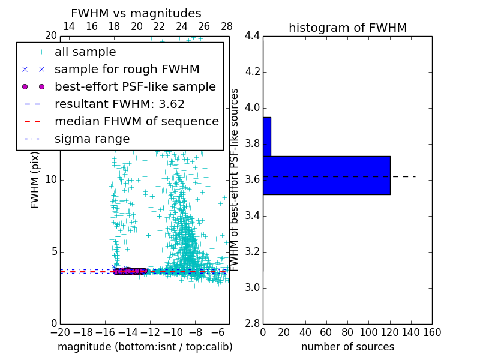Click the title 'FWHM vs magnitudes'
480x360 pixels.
pyautogui.click(x=136, y=13)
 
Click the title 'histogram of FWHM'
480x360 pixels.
pyautogui.click(x=347, y=28)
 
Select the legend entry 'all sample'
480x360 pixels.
pyautogui.click(x=85, y=52)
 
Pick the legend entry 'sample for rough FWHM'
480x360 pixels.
pyautogui.click(x=127, y=69)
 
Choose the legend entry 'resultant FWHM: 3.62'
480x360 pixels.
pyautogui.click(x=119, y=104)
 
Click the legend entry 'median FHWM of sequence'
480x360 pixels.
pyautogui.click(x=136, y=121)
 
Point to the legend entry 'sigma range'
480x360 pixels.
pyautogui.click(x=92, y=139)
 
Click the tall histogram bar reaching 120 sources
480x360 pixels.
pyautogui.click(x=326, y=175)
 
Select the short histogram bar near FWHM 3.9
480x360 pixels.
pyautogui.click(x=267, y=137)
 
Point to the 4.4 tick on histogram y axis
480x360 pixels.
pyautogui.click(x=252, y=36)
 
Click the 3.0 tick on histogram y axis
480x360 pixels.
pyautogui.click(x=252, y=287)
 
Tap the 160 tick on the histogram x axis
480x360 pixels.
pyautogui.click(x=432, y=332)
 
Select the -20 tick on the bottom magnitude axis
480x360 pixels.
pyautogui.click(x=60, y=332)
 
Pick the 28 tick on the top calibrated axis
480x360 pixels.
pyautogui.click(x=227, y=26)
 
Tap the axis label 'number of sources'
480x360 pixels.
pyautogui.click(x=347, y=347)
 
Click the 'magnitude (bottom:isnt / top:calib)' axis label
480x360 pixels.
pyautogui.click(x=145, y=347)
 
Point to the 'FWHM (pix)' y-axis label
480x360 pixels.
pyautogui.click(x=35, y=180)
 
